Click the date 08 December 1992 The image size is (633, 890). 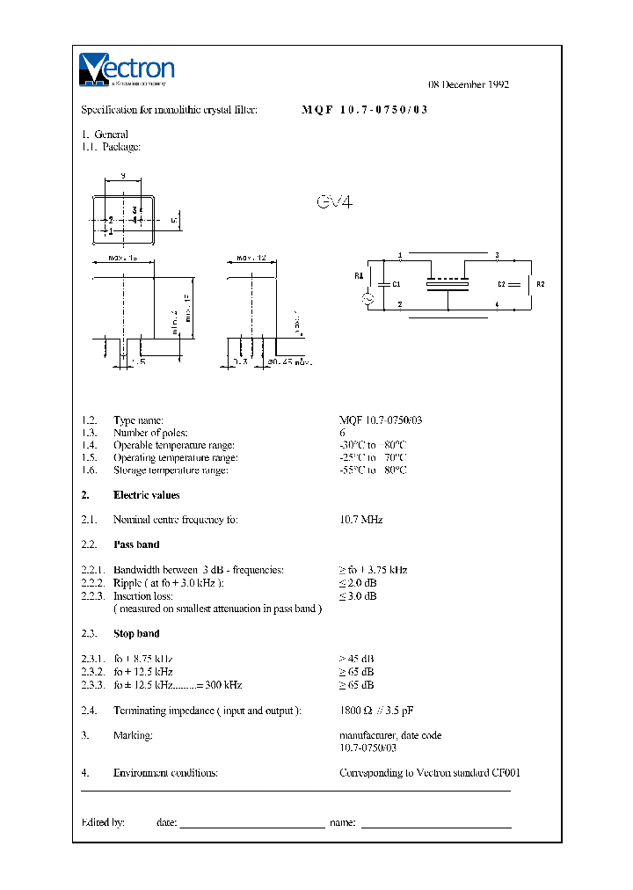click(x=469, y=84)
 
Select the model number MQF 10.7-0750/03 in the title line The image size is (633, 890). click(x=365, y=111)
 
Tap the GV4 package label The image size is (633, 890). click(x=334, y=202)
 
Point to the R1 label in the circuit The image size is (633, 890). click(x=359, y=275)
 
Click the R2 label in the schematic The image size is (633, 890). click(x=541, y=284)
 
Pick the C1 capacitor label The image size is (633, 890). click(x=397, y=284)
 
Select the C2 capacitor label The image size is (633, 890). click(x=502, y=284)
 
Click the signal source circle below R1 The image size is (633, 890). click(x=369, y=299)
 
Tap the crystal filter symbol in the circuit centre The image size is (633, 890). click(x=448, y=284)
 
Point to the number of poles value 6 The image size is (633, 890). click(x=342, y=433)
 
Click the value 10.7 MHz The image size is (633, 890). click(x=360, y=520)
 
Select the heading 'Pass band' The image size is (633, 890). click(x=136, y=544)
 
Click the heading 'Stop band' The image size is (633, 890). click(x=136, y=633)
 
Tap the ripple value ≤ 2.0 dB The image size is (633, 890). click(x=358, y=583)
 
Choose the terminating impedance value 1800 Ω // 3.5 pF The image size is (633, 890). click(x=382, y=710)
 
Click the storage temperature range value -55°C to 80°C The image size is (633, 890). click(x=373, y=470)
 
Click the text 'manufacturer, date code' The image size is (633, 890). click(x=390, y=735)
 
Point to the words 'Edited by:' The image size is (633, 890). click(x=102, y=822)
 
